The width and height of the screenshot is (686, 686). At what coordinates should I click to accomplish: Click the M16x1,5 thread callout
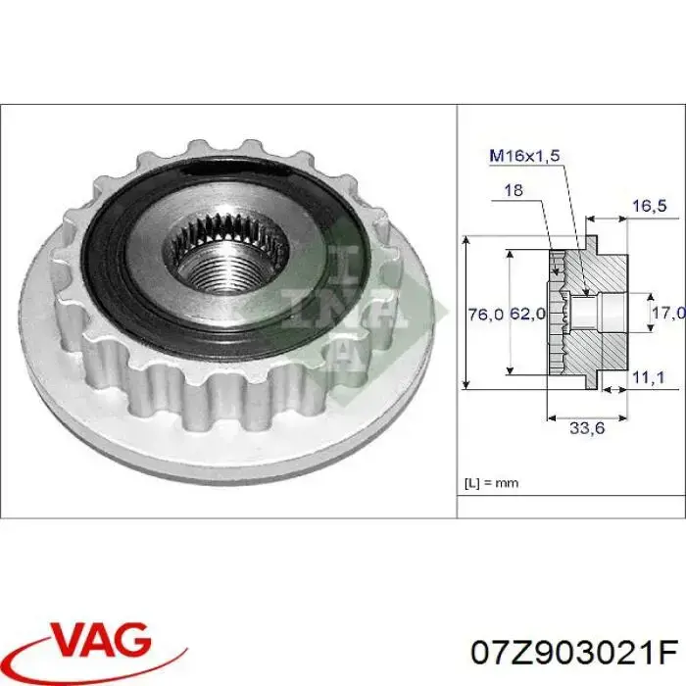524,154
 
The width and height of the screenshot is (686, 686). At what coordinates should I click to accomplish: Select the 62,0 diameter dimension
525,314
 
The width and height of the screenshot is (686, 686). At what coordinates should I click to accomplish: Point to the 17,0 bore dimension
667,313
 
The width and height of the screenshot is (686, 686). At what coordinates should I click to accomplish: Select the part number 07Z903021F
575,650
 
